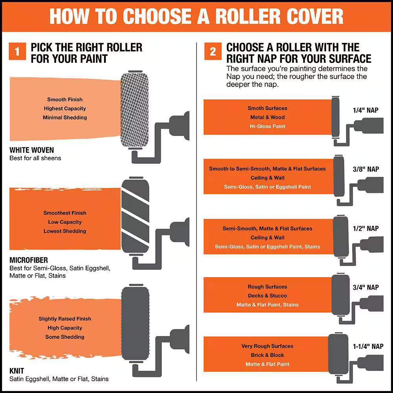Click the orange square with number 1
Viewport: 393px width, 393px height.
[x=17, y=51]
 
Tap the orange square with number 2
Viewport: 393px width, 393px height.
[x=213, y=51]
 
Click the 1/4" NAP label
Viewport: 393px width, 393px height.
[x=365, y=110]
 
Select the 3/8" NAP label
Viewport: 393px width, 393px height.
[x=366, y=169]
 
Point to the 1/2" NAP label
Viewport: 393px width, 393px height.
[x=365, y=228]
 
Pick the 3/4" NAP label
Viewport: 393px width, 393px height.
[x=365, y=287]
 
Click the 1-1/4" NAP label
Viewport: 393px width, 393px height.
[x=368, y=346]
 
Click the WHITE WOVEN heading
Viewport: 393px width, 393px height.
[x=31, y=150]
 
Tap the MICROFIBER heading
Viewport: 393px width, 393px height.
[x=29, y=260]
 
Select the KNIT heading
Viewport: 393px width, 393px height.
[x=17, y=371]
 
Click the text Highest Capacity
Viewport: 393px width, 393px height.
[x=65, y=108]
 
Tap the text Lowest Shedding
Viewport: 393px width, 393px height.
[x=65, y=231]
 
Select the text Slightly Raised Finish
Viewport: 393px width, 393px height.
[x=65, y=319]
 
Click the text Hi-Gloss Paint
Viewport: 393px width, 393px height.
[x=267, y=126]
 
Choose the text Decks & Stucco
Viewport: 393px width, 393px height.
[x=267, y=296]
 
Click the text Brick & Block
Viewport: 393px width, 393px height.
[x=267, y=355]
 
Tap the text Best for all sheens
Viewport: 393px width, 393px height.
[x=35, y=158]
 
